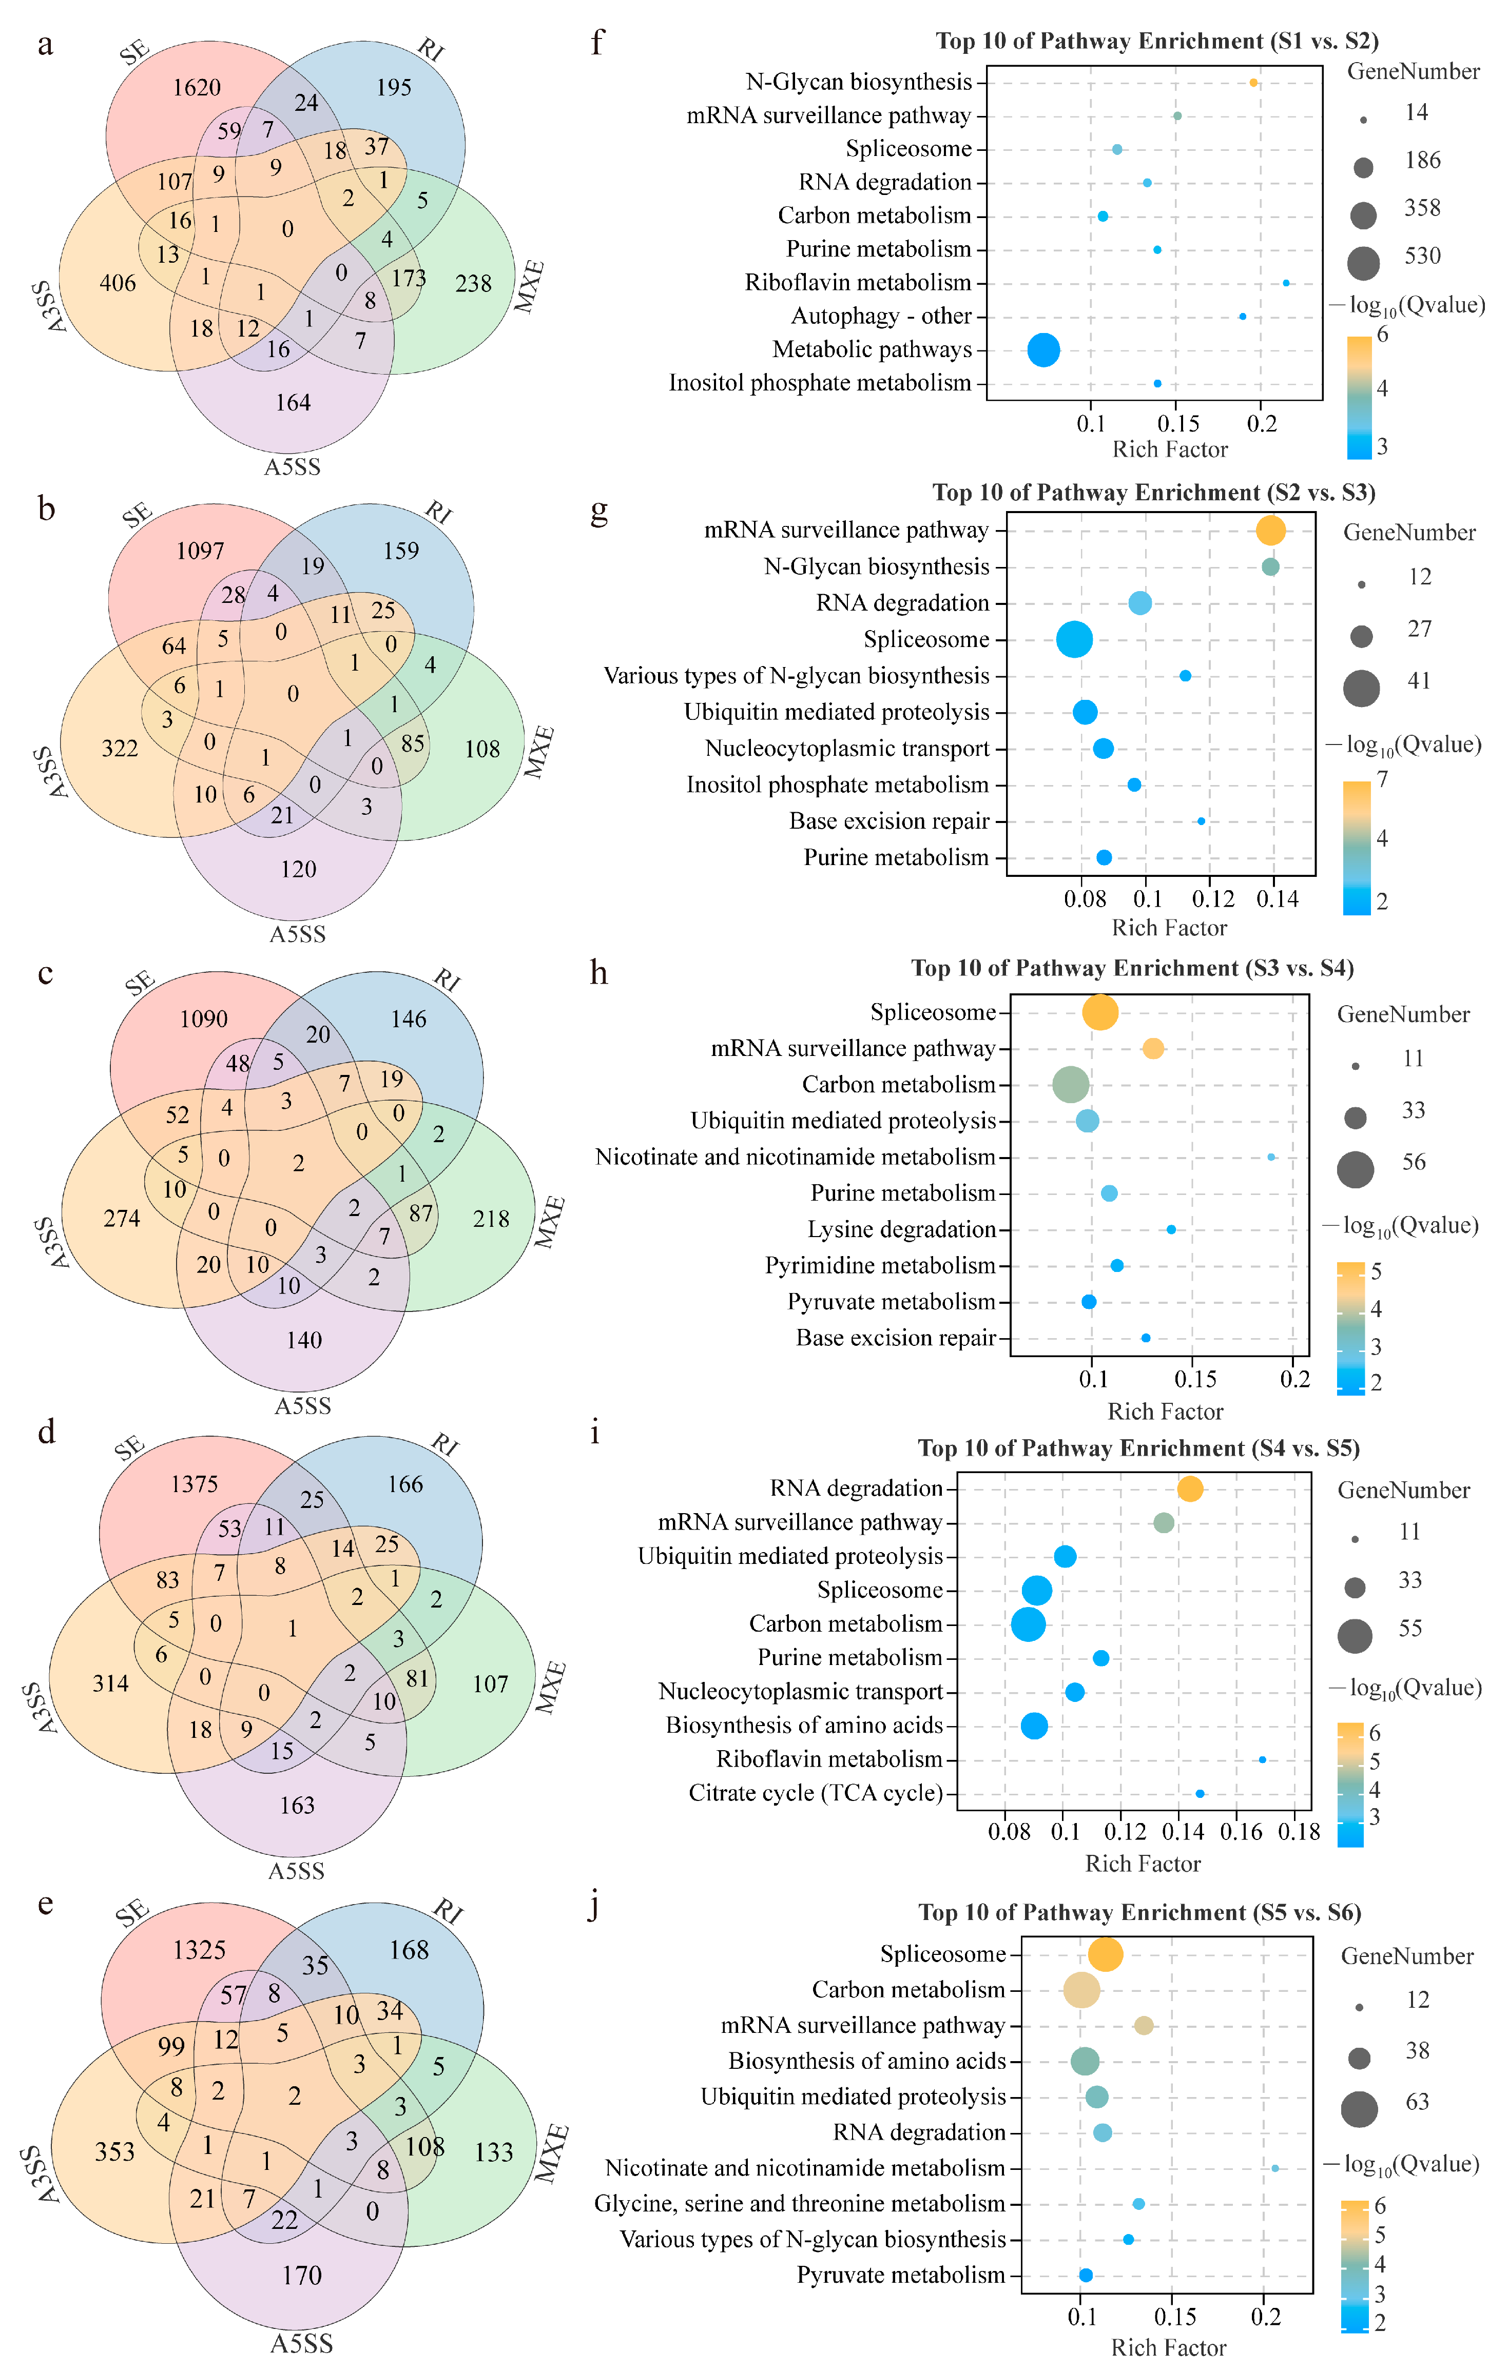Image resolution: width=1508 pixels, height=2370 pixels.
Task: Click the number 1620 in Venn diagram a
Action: pyautogui.click(x=197, y=88)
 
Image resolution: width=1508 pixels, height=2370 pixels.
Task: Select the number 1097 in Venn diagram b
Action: pyautogui.click(x=201, y=551)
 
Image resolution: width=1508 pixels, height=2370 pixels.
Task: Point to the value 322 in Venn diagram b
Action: pyautogui.click(x=120, y=749)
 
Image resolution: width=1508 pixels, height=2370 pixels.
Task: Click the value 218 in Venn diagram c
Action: pyautogui.click(x=491, y=1220)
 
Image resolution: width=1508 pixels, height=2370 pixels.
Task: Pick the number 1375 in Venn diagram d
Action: pyautogui.click(x=195, y=1484)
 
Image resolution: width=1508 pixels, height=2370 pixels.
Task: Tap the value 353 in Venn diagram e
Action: pyautogui.click(x=115, y=2151)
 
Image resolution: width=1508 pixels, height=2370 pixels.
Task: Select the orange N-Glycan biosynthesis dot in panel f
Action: pyautogui.click(x=1253, y=83)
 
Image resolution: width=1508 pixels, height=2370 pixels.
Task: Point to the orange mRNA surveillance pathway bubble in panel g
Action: pyautogui.click(x=1271, y=531)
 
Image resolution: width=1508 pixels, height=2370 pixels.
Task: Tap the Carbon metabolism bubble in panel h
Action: pyautogui.click(x=1071, y=1085)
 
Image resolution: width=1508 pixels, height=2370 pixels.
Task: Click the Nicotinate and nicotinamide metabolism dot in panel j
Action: pyautogui.click(x=1274, y=2168)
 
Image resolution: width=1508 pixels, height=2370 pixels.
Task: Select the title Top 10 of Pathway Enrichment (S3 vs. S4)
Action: pyautogui.click(x=1132, y=968)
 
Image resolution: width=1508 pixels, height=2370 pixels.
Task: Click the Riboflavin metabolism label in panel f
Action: pyautogui.click(x=857, y=283)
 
